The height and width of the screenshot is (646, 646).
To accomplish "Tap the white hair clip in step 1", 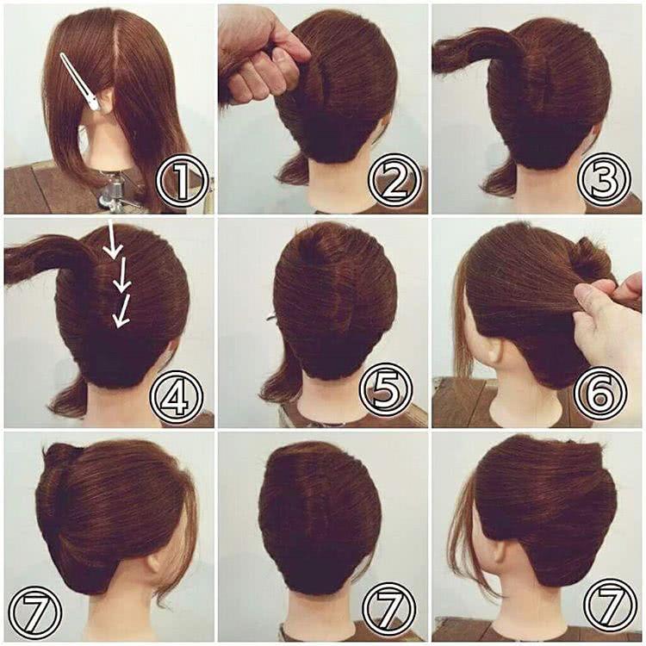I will point(79,82).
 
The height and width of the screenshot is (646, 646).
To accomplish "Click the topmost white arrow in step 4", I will point(112,240).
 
